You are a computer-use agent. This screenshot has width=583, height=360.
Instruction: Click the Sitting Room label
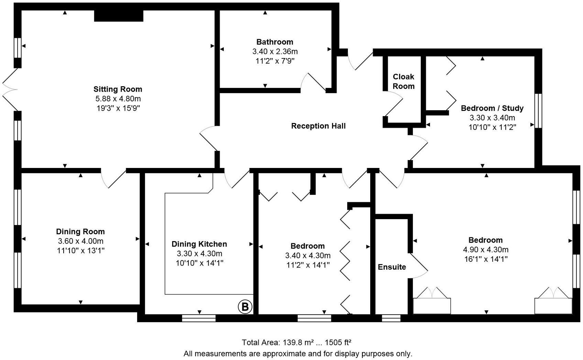point(118,89)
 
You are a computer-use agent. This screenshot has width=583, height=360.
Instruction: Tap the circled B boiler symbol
point(245,307)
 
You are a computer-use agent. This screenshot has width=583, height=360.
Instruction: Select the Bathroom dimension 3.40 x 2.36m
point(275,52)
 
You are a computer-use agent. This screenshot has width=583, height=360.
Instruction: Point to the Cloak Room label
point(404,81)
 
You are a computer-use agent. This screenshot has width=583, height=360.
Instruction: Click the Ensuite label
point(392,267)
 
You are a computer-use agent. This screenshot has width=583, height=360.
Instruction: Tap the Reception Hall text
point(318,126)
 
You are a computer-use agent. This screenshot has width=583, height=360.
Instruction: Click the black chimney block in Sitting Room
point(119,16)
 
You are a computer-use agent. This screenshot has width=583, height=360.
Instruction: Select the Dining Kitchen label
point(199,244)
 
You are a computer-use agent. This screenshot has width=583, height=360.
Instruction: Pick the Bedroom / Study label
point(492,108)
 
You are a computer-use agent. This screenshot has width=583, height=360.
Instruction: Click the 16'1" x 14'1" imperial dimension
point(486,259)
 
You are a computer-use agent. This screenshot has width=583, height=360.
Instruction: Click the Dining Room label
point(80,232)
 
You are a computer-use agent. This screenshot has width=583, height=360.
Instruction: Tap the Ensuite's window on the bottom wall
point(391,318)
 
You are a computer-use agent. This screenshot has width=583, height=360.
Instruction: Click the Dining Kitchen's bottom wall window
point(199,318)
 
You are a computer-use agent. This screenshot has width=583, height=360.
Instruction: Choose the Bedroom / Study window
point(538,111)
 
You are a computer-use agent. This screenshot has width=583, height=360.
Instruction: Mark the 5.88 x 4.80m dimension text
point(118,99)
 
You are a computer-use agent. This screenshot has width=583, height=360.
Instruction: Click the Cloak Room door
point(394,103)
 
